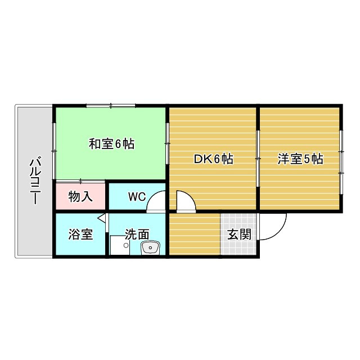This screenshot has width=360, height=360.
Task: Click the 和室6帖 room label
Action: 111,144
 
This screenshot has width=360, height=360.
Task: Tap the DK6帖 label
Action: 213,159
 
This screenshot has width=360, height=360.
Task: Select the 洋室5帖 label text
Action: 300,159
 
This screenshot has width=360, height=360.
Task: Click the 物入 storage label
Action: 80,197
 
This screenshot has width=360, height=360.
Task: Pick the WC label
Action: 137,197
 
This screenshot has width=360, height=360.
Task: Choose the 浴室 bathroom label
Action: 80,235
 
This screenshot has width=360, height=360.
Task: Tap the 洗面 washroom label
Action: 137,234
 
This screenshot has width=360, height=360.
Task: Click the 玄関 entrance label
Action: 238,235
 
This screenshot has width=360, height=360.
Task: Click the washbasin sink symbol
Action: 150,247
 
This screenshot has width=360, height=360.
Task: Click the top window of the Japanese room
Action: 111,105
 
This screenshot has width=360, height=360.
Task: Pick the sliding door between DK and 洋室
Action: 258,159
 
